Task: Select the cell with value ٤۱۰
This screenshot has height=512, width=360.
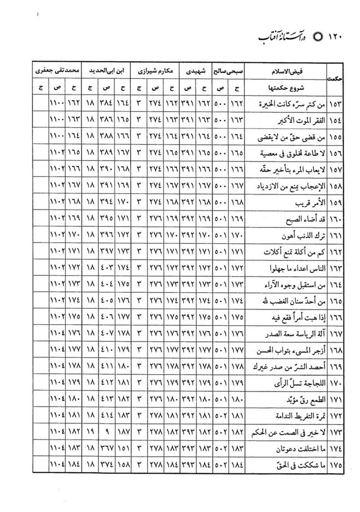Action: coord(107,351)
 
